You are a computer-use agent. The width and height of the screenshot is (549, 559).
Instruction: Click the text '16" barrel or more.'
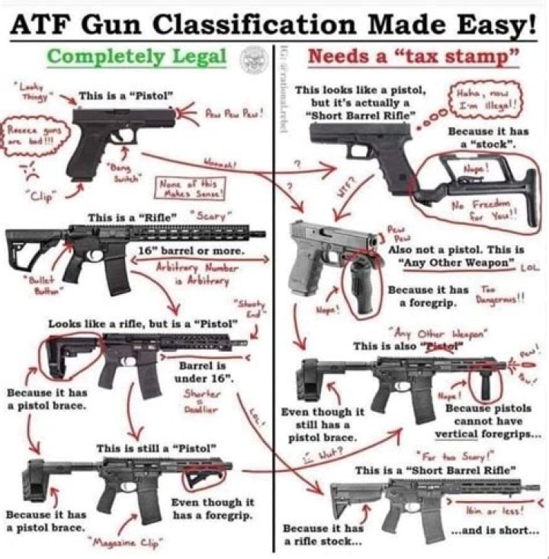tap(202, 251)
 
